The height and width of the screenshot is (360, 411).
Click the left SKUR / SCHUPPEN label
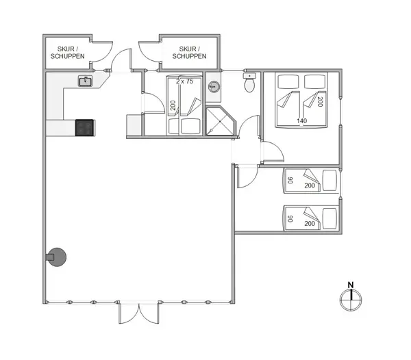tap(67, 52)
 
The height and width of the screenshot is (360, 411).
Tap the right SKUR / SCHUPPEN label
tap(188, 52)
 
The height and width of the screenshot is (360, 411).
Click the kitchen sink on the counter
tap(86, 81)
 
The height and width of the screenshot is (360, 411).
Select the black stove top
tap(85, 127)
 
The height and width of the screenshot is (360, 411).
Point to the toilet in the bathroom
tap(251, 84)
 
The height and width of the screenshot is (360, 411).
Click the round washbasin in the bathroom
tap(214, 87)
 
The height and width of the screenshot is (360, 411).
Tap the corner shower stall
tap(219, 121)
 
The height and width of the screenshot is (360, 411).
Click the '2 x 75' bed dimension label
tap(184, 81)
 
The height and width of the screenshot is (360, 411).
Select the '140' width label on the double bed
tap(301, 120)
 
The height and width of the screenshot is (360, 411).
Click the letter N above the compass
tap(350, 284)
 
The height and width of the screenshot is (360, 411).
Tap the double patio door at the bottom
tap(140, 313)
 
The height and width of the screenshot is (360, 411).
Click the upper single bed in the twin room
tap(310, 181)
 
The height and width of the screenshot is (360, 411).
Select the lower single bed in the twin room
tap(310, 218)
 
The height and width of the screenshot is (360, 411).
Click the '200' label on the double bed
tap(320, 101)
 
